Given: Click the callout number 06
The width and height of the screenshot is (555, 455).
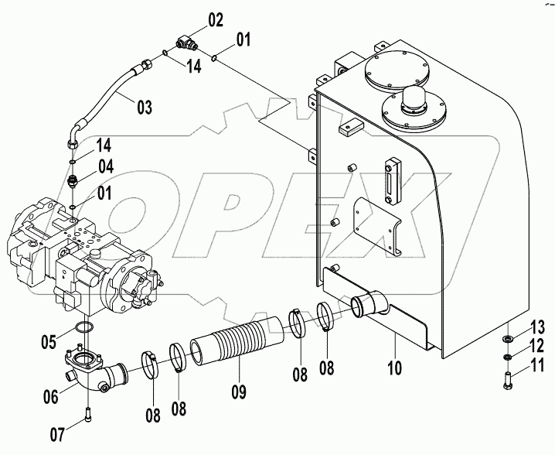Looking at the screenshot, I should [51, 397].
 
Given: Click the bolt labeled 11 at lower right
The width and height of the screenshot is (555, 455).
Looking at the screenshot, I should [506, 380].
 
